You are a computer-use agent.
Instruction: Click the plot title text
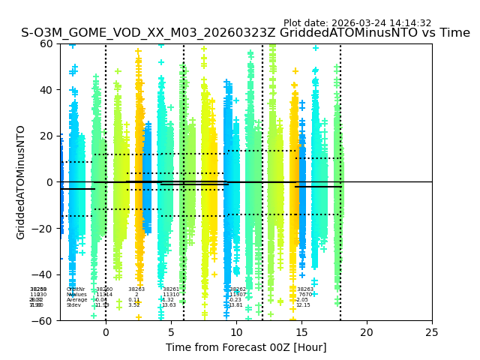click(245, 33)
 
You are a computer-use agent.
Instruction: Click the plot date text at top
click(357, 23)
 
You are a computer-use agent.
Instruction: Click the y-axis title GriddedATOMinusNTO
click(21, 182)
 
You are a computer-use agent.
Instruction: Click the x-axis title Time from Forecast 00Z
click(246, 347)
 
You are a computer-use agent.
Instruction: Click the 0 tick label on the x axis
click(106, 332)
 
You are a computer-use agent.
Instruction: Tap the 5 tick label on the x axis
click(171, 332)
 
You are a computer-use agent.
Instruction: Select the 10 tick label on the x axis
click(236, 332)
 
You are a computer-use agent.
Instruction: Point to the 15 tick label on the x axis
click(301, 332)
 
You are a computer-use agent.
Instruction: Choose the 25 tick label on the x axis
click(432, 332)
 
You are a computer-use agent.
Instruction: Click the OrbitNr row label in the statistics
click(76, 289)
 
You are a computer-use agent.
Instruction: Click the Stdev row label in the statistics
click(73, 305)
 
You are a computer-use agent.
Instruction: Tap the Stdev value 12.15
click(302, 305)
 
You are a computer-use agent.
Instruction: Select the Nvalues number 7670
click(305, 295)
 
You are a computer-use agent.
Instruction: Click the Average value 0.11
click(133, 300)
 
